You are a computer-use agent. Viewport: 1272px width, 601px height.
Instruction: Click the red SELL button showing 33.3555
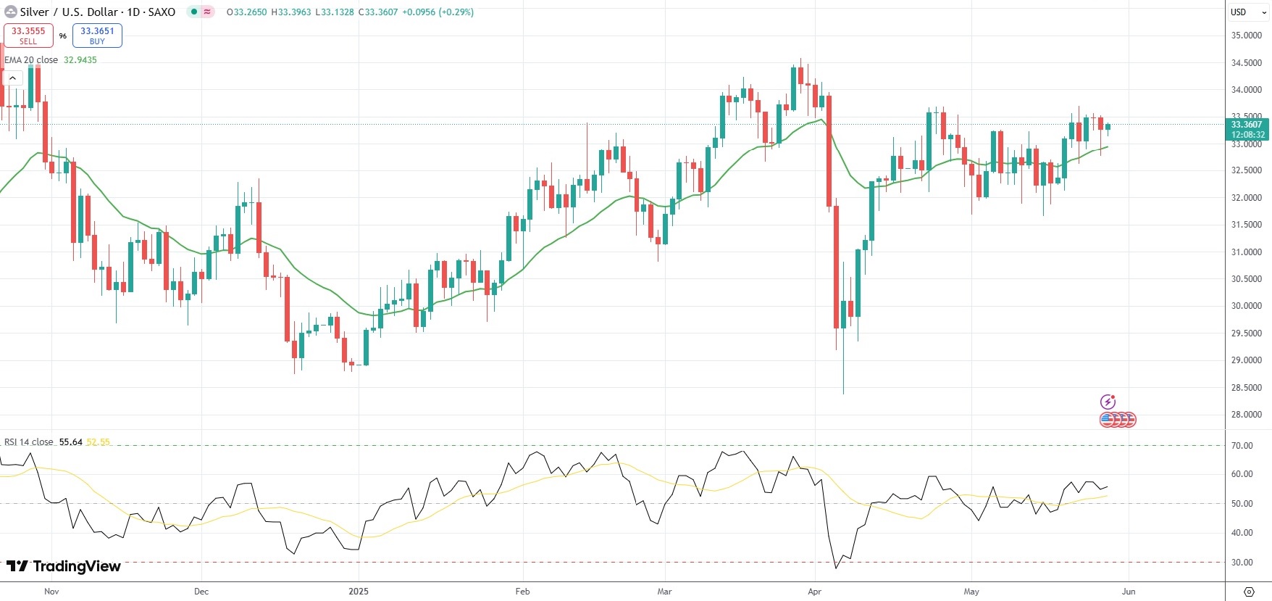28,36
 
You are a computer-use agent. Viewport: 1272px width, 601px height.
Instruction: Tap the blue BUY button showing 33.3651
97,36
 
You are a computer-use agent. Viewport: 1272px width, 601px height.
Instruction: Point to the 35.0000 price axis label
1247,36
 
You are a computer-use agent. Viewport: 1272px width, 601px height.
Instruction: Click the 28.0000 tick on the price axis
1247,415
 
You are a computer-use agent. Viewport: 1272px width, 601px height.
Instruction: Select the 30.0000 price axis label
1247,306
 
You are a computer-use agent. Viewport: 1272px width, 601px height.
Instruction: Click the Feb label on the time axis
522,592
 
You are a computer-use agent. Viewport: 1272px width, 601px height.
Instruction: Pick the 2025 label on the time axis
358,592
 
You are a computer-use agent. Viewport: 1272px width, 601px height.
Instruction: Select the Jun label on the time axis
1129,592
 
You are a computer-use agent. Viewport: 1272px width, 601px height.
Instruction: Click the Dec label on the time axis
201,592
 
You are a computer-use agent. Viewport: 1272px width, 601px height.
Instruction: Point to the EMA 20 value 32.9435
80,60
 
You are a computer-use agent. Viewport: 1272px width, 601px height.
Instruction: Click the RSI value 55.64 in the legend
70,442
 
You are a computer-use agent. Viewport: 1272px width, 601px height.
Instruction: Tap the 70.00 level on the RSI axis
1242,446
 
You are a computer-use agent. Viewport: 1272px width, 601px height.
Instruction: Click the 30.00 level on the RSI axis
1242,563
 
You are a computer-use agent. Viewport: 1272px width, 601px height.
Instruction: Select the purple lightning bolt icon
1108,402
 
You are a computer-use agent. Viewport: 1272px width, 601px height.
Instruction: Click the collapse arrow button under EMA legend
12,78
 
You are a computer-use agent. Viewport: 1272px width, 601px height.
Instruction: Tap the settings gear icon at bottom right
1249,592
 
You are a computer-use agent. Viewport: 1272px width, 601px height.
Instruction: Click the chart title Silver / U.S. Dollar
69,12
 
